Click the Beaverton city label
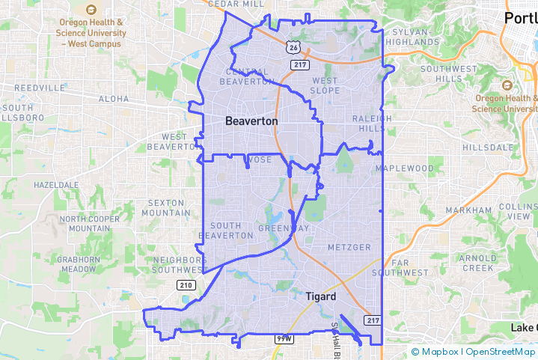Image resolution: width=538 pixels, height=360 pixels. pyautogui.click(x=251, y=120)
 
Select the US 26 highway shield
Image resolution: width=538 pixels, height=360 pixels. pyautogui.click(x=291, y=46)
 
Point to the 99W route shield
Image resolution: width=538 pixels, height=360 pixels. pyautogui.click(x=284, y=339)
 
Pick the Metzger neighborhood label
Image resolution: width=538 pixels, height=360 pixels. pyautogui.click(x=349, y=247)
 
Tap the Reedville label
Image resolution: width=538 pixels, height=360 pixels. pyautogui.click(x=39, y=88)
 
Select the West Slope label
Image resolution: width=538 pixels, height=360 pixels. pyautogui.click(x=325, y=85)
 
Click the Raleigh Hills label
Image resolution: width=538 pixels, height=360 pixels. pyautogui.click(x=372, y=123)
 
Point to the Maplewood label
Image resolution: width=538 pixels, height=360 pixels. pyautogui.click(x=405, y=168)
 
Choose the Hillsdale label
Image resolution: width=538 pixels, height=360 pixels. pyautogui.click(x=489, y=148)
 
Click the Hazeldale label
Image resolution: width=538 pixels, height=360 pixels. pyautogui.click(x=56, y=184)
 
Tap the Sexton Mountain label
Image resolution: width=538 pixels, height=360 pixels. pyautogui.click(x=170, y=207)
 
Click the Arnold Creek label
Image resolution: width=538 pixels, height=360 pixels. pyautogui.click(x=477, y=263)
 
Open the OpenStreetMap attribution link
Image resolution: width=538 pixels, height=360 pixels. pyautogui.click(x=499, y=352)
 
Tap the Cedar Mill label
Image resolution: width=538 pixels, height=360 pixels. pyautogui.click(x=236, y=4)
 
